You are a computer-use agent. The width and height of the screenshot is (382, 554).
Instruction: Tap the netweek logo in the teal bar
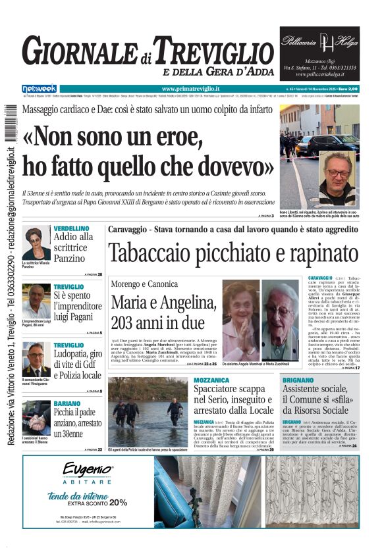(39, 89)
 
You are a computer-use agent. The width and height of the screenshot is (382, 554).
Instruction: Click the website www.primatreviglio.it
(191, 89)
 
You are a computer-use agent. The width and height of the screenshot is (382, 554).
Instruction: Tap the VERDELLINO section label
(72, 228)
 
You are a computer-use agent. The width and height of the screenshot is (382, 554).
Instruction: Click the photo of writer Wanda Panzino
(36, 243)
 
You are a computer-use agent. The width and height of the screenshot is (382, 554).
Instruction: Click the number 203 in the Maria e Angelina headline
(130, 323)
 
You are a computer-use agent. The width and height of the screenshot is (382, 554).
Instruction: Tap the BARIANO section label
(68, 403)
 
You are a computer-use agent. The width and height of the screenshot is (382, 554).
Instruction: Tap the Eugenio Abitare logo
(88, 473)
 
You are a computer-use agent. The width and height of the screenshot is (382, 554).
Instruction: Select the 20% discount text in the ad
(119, 502)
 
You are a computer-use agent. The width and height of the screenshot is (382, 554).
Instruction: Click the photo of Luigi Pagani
(36, 301)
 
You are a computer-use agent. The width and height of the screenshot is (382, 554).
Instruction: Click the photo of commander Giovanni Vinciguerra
(36, 359)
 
